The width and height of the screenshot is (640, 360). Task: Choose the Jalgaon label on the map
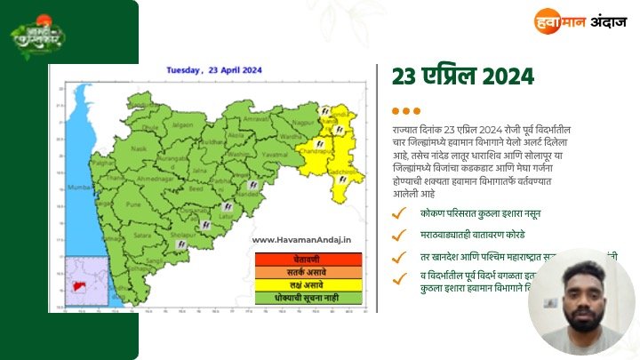tap(182, 125)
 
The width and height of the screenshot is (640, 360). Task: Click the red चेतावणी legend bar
tap(308, 259)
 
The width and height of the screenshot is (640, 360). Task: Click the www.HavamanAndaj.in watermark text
tap(302, 239)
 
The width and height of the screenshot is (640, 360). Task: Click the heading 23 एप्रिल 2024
tap(462, 76)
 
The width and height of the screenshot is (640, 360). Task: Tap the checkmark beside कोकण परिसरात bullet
tap(401, 214)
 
